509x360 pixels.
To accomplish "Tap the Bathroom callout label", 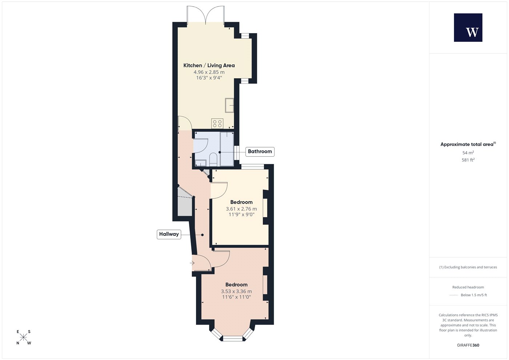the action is click(x=260, y=152).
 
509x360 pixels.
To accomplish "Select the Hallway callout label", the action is click(x=169, y=234).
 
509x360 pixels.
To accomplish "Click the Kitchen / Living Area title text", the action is click(x=209, y=65).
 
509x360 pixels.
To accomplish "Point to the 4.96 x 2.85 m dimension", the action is click(x=209, y=72).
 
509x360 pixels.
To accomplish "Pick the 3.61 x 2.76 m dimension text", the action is click(x=241, y=209).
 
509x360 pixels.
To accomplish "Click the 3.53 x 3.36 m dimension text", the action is click(x=236, y=291).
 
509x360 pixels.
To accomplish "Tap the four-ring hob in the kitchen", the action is click(x=217, y=124).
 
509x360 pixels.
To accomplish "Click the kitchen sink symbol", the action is click(x=229, y=105).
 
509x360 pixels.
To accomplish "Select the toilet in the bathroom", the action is click(x=213, y=159).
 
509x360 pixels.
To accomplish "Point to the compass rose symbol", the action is click(x=23, y=337).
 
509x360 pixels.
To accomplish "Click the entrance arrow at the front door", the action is click(x=192, y=263).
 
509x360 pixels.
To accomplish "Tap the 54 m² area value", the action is click(x=468, y=153).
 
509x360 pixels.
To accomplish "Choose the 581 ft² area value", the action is click(x=468, y=160).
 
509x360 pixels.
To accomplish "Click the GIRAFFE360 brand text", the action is click(x=468, y=345).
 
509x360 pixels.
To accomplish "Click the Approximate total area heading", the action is click(x=468, y=144).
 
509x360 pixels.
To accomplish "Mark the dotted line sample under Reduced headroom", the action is click(x=454, y=295).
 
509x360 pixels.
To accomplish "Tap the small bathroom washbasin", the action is click(x=201, y=163).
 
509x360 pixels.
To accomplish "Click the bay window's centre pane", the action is click(x=233, y=339).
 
